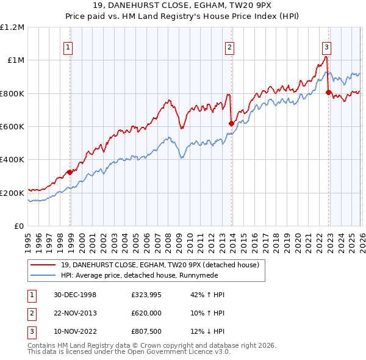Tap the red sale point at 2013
[x=231, y=124]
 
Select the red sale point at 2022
[x=328, y=93]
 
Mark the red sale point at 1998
[x=70, y=173]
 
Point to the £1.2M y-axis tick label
[x=12, y=27]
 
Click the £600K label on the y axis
[x=12, y=127]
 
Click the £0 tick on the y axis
[x=20, y=226]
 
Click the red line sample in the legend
[x=44, y=265]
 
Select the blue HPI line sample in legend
[x=44, y=275]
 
